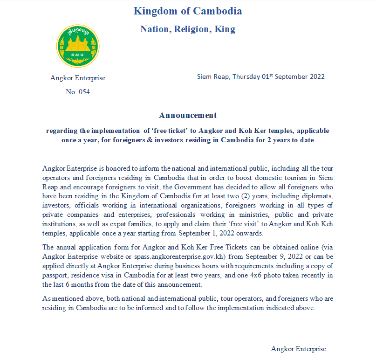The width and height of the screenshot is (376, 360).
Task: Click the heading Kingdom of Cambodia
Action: tap(187, 11)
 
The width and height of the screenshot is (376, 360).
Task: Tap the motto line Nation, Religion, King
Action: tap(187, 29)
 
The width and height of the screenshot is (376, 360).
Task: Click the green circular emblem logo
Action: tap(78, 46)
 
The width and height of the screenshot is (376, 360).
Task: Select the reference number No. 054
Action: tap(77, 92)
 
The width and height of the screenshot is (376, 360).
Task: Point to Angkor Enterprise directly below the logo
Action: tap(78, 78)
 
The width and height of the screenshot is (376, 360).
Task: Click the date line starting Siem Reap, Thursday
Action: tap(260, 76)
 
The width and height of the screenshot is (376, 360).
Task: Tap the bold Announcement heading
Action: tap(187, 115)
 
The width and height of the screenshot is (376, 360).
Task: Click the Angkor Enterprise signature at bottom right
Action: tap(298, 349)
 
